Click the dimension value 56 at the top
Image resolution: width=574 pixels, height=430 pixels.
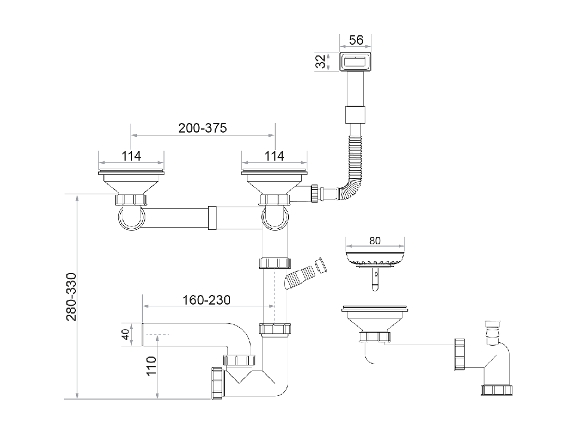click(356, 40)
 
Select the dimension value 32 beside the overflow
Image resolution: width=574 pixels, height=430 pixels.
click(321, 61)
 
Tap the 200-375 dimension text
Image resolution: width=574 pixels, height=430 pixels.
click(202, 128)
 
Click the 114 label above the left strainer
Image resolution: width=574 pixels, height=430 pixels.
click(131, 156)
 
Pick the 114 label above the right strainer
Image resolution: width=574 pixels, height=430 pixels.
click(274, 156)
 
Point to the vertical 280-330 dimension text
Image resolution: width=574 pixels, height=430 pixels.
click(72, 297)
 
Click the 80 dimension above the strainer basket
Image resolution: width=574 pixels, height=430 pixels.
click(375, 241)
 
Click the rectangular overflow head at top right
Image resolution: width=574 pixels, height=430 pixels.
click(356, 61)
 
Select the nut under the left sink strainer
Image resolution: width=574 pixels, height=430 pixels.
click(130, 199)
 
